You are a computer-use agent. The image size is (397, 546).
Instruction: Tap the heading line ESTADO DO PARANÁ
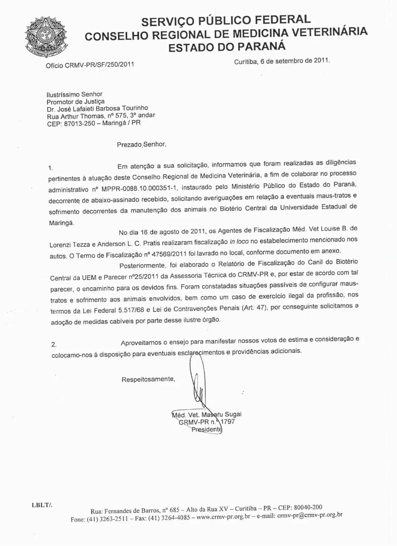tap(227, 47)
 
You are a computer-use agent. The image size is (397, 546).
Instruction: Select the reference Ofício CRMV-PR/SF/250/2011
tap(90, 65)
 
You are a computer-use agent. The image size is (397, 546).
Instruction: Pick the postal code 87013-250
tap(79, 124)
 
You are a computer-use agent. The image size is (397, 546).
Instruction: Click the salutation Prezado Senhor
tap(141, 145)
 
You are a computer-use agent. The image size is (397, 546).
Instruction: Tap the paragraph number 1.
tap(50, 168)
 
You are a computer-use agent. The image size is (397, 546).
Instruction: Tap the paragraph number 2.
tap(54, 344)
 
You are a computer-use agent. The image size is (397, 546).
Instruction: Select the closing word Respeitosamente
tap(148, 379)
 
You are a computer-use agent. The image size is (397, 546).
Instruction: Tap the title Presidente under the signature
tap(206, 429)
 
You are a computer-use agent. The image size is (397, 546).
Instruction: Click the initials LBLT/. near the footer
tap(42, 505)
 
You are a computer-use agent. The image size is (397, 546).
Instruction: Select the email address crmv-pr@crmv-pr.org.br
tap(310, 515)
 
